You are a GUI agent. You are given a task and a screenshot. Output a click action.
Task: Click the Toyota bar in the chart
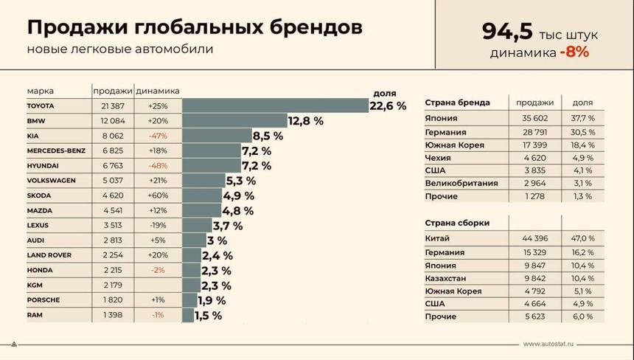[274, 106]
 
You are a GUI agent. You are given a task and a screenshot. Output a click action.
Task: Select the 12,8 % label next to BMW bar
[306, 121]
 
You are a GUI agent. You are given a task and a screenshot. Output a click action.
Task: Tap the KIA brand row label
[32, 136]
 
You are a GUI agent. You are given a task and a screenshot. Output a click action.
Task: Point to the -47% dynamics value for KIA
[157, 136]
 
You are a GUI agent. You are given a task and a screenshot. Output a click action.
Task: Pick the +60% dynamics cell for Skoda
[157, 195]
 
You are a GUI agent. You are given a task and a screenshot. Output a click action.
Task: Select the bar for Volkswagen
[203, 181]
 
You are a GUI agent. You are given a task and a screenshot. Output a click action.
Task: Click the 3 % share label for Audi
[217, 240]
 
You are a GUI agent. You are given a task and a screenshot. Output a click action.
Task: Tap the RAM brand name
[34, 315]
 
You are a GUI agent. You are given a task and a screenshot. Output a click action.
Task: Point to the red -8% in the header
[574, 52]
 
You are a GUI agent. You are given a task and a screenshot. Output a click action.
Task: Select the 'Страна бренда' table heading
[457, 103]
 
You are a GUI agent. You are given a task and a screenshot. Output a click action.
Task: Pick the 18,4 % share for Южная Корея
[580, 145]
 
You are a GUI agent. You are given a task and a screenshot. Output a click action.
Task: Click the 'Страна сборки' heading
[457, 223]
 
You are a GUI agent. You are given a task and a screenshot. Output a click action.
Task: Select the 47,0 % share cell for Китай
[580, 239]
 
